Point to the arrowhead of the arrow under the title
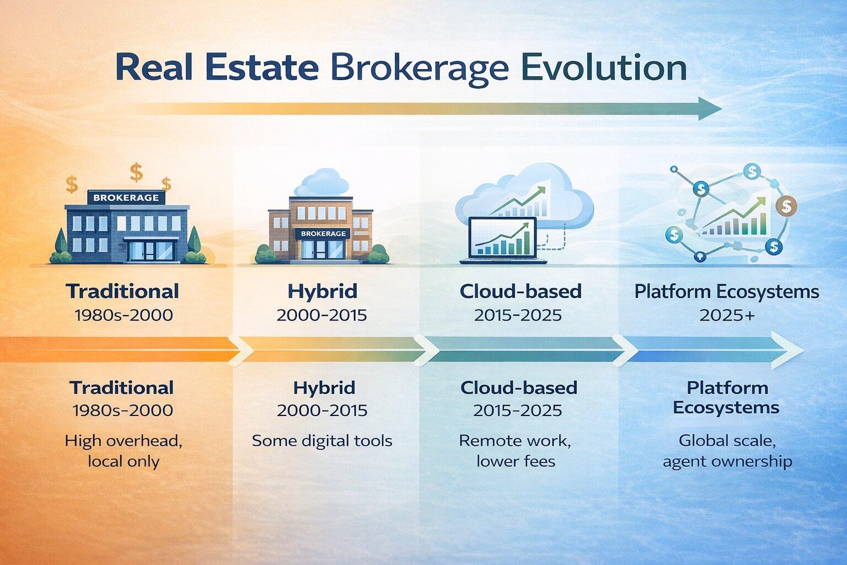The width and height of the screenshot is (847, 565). (x=710, y=109)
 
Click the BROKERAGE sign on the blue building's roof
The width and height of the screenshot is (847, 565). (x=126, y=198)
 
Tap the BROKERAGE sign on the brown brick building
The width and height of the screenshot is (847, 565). (x=323, y=233)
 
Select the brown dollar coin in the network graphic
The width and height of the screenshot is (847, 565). (x=786, y=206)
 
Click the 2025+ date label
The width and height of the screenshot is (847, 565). (x=727, y=315)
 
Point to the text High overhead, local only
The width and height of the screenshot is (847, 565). (x=124, y=451)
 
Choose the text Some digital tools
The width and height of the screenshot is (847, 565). (x=322, y=441)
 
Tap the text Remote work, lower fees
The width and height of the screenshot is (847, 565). (x=515, y=451)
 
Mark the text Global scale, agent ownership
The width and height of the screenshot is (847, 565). (x=727, y=451)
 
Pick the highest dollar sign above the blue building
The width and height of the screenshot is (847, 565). (x=136, y=172)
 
